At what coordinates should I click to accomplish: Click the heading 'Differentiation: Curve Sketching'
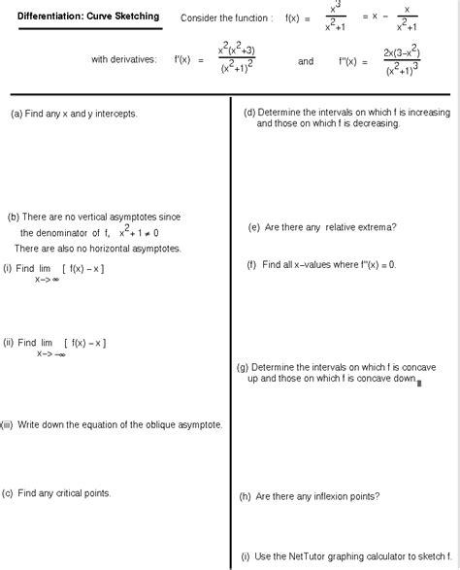88,17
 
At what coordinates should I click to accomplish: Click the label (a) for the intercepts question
16,114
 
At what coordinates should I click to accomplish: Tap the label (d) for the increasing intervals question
249,113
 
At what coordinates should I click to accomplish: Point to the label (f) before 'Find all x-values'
251,264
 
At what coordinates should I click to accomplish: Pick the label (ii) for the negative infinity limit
9,342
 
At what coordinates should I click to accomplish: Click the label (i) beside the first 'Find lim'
8,268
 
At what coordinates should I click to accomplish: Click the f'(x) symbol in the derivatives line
183,60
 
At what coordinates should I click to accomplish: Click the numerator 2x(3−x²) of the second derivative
402,51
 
